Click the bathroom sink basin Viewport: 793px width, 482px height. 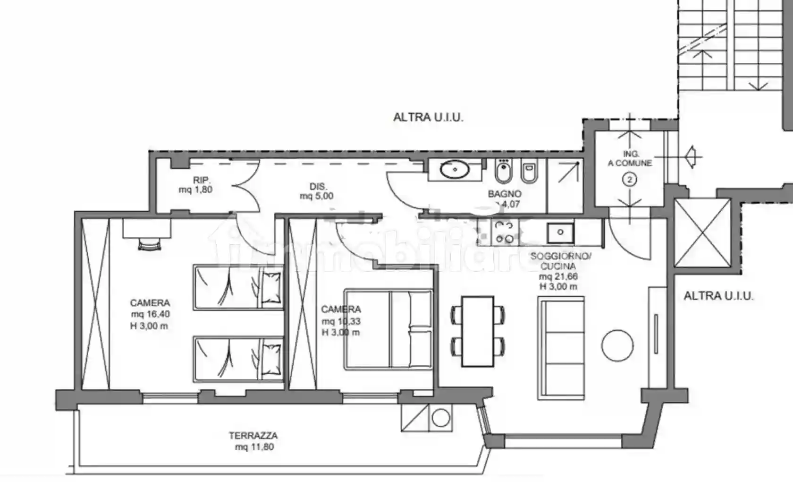(455, 169)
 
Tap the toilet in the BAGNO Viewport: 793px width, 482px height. (530, 172)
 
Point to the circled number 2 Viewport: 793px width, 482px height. (630, 180)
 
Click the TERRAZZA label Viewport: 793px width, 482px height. (253, 436)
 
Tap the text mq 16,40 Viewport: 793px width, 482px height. (150, 314)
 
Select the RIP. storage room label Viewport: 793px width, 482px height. (202, 180)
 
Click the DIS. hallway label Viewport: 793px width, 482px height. (318, 187)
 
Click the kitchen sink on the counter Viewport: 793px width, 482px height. (560, 232)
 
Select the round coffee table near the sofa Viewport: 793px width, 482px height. (617, 345)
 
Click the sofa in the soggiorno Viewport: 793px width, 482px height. (561, 348)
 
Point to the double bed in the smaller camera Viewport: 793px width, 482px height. (389, 329)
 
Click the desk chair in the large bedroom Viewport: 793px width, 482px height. (150, 244)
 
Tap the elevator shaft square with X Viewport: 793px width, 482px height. (702, 233)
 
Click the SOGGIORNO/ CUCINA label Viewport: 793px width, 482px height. (560, 261)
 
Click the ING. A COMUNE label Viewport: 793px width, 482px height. (630, 158)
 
